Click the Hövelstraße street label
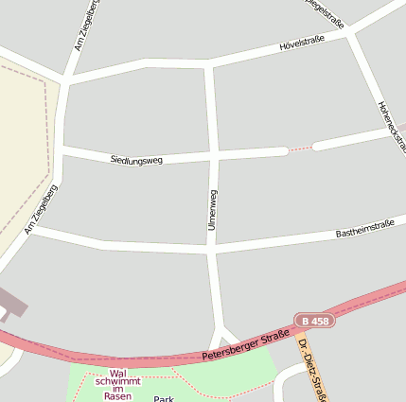[x=302, y=44]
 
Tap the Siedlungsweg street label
[x=136, y=160]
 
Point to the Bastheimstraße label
[x=364, y=228]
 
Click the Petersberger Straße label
[x=245, y=346]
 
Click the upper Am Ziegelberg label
[x=84, y=26]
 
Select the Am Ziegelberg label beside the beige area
[x=42, y=210]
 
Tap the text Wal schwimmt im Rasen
[x=117, y=384]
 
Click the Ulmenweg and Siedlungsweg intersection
[x=213, y=153]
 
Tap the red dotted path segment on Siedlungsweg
[x=300, y=149]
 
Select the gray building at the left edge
[x=11, y=305]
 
